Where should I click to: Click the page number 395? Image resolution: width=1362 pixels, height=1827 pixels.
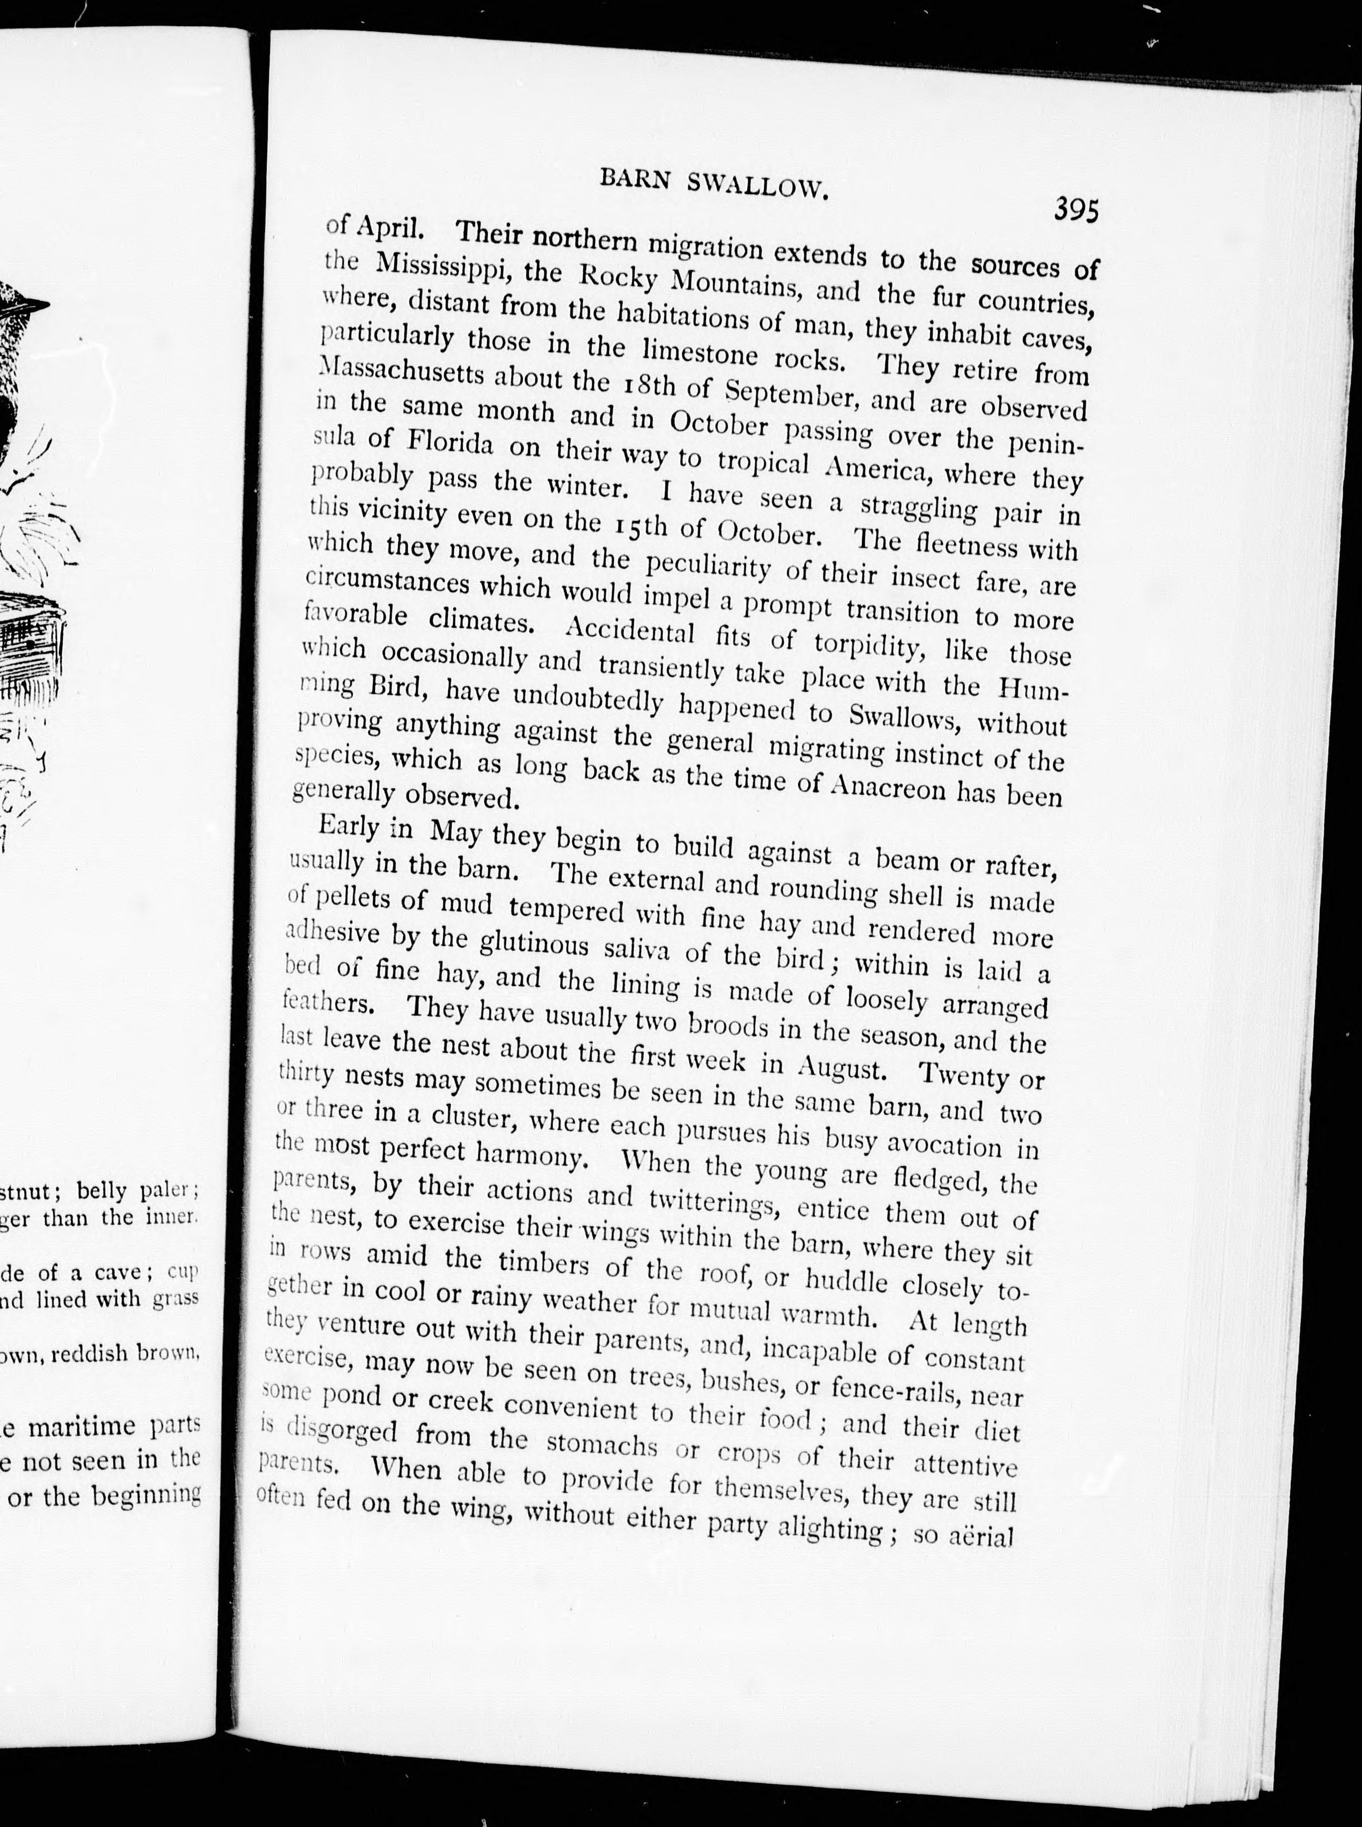tap(1076, 212)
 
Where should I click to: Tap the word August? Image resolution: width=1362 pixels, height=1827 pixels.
tap(842, 1069)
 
